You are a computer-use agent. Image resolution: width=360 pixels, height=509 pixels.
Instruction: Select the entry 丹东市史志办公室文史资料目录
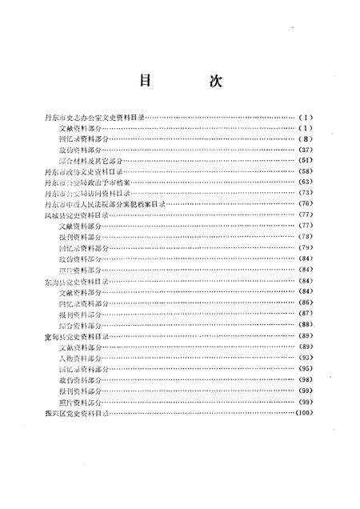tap(94, 117)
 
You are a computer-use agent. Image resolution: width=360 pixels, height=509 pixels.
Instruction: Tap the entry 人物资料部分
tap(84, 358)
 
